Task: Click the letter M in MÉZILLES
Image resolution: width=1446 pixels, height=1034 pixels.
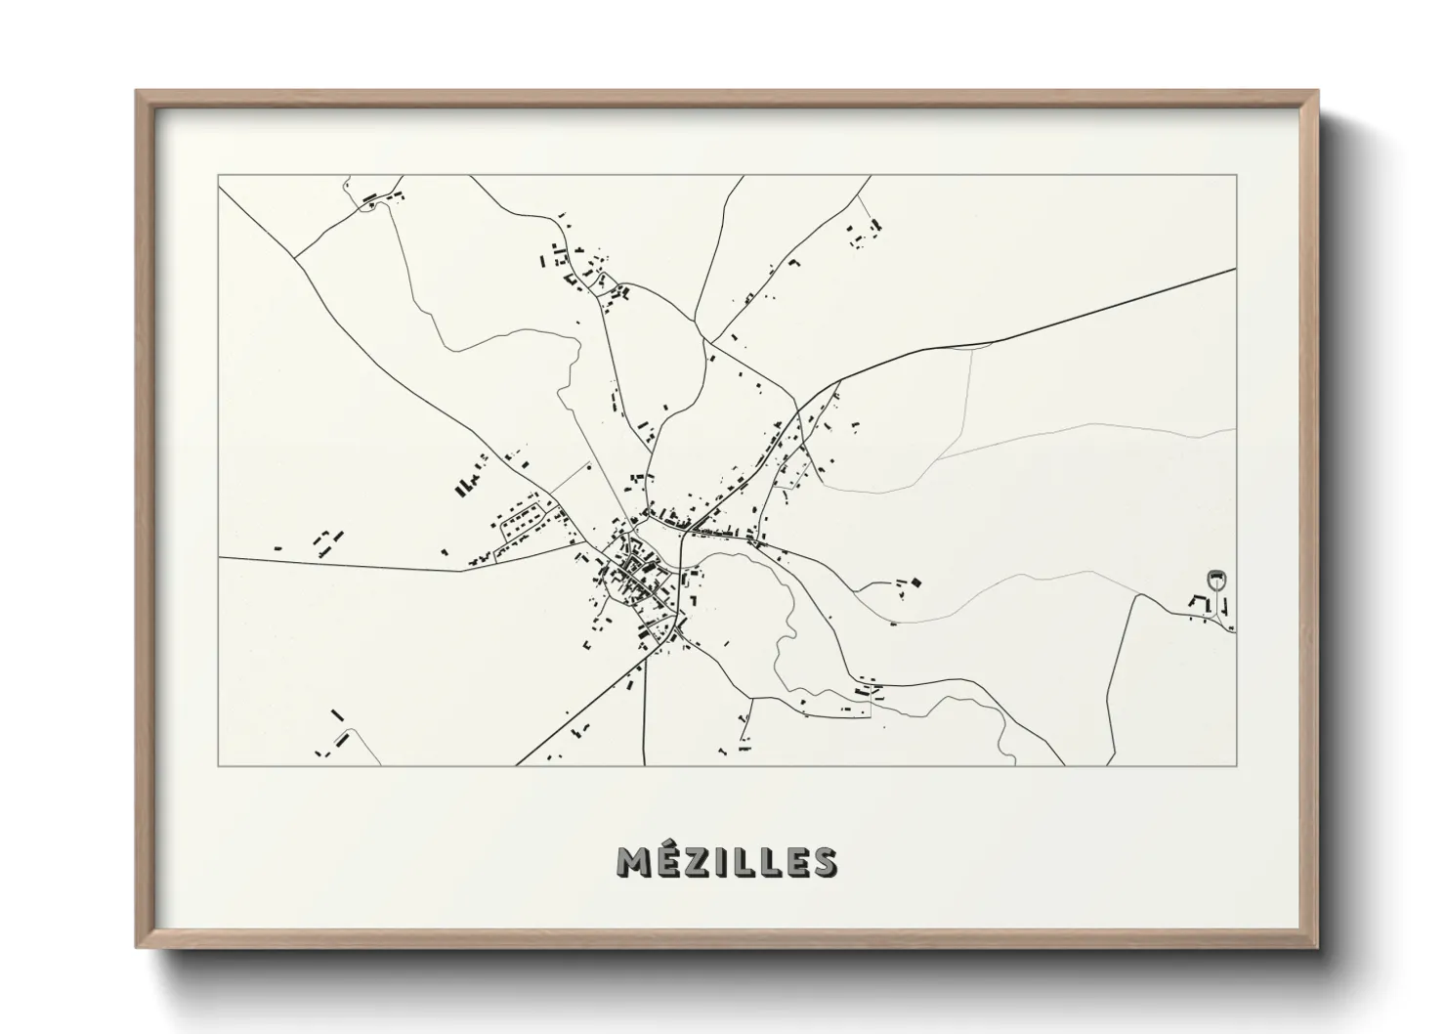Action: (633, 863)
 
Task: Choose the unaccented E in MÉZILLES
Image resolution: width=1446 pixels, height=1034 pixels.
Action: (794, 863)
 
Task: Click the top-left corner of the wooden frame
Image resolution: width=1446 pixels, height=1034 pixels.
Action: (138, 92)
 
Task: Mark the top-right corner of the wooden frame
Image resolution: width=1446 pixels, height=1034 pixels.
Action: (1316, 92)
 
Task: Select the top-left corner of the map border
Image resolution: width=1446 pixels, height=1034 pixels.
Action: (219, 176)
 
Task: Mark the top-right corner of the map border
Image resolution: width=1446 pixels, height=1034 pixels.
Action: (1236, 176)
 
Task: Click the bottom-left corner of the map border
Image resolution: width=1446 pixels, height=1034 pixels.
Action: (219, 765)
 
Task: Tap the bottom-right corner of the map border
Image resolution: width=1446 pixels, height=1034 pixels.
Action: (1236, 765)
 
